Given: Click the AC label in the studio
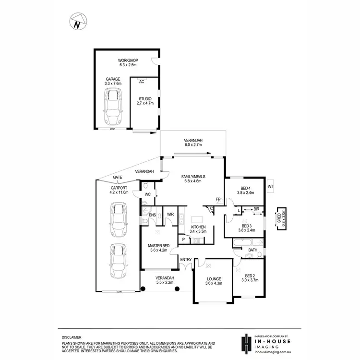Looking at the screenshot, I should click(142, 82).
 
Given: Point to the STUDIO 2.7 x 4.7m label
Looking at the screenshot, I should click(144, 101).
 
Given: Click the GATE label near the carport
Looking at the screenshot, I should click(117, 177).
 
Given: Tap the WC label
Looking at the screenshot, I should click(149, 194).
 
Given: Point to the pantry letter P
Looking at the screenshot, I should click(183, 239).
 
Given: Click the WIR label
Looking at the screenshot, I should click(170, 215).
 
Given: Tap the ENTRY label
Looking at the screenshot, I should click(186, 260).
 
